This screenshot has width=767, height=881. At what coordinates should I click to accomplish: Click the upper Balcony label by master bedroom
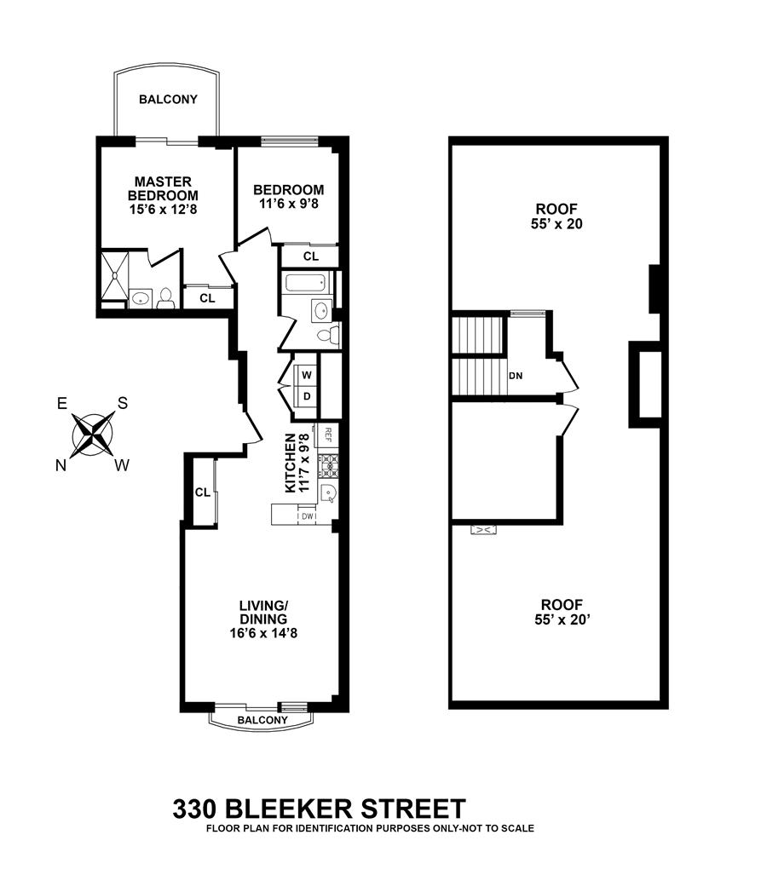pos(168,99)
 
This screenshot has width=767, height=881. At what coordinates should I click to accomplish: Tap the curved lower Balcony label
pos(262,720)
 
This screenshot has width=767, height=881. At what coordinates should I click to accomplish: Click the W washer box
pos(306,375)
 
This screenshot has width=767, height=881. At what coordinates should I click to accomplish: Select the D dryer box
pos(306,396)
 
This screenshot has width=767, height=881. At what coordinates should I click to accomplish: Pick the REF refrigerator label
pos(326,435)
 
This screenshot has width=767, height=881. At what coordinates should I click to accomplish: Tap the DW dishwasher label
pos(307,515)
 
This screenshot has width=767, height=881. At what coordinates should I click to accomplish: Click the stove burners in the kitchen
pos(328,465)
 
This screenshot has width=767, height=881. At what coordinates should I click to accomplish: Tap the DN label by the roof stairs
pos(515,375)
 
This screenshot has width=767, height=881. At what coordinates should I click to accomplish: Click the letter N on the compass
pos(61,464)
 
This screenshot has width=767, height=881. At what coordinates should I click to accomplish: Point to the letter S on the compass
pos(123,403)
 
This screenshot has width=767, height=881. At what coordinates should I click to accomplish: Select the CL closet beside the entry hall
pos(203,492)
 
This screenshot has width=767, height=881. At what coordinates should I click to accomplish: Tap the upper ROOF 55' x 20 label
pos(557,216)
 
